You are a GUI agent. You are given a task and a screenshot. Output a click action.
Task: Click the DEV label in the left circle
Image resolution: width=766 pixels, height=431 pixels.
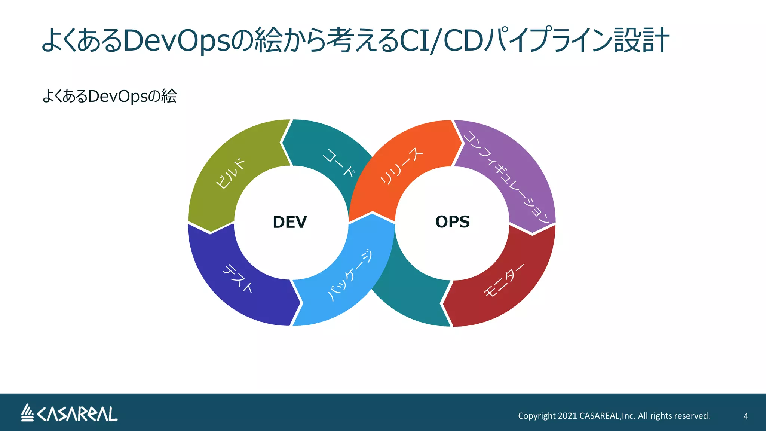pos(289,222)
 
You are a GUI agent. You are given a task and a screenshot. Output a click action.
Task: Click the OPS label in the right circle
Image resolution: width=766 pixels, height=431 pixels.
pos(452,222)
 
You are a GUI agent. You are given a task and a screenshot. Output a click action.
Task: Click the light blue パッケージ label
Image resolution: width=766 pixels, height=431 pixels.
pos(350,275)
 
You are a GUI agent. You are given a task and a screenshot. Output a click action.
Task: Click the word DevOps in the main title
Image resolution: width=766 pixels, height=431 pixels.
pos(176,40)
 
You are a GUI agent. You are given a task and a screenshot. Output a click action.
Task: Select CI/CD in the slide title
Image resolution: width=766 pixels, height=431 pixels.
pos(441,40)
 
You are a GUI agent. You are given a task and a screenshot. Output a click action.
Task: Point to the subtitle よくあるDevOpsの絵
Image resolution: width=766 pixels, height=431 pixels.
pos(109,96)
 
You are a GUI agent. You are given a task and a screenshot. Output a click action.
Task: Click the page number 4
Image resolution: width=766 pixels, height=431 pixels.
pos(745,416)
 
